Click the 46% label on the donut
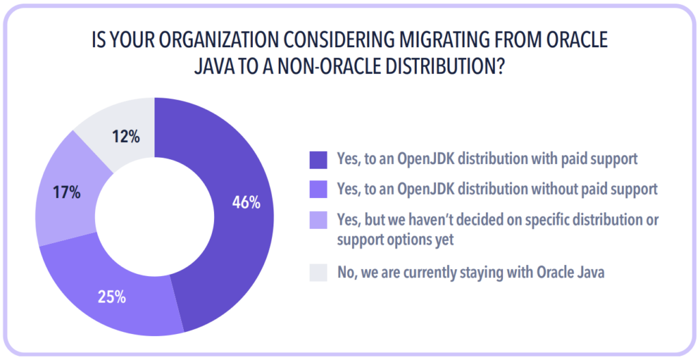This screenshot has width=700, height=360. (x=245, y=202)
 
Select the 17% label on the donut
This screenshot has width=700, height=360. (x=66, y=193)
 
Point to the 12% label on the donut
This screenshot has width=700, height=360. (x=126, y=137)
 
